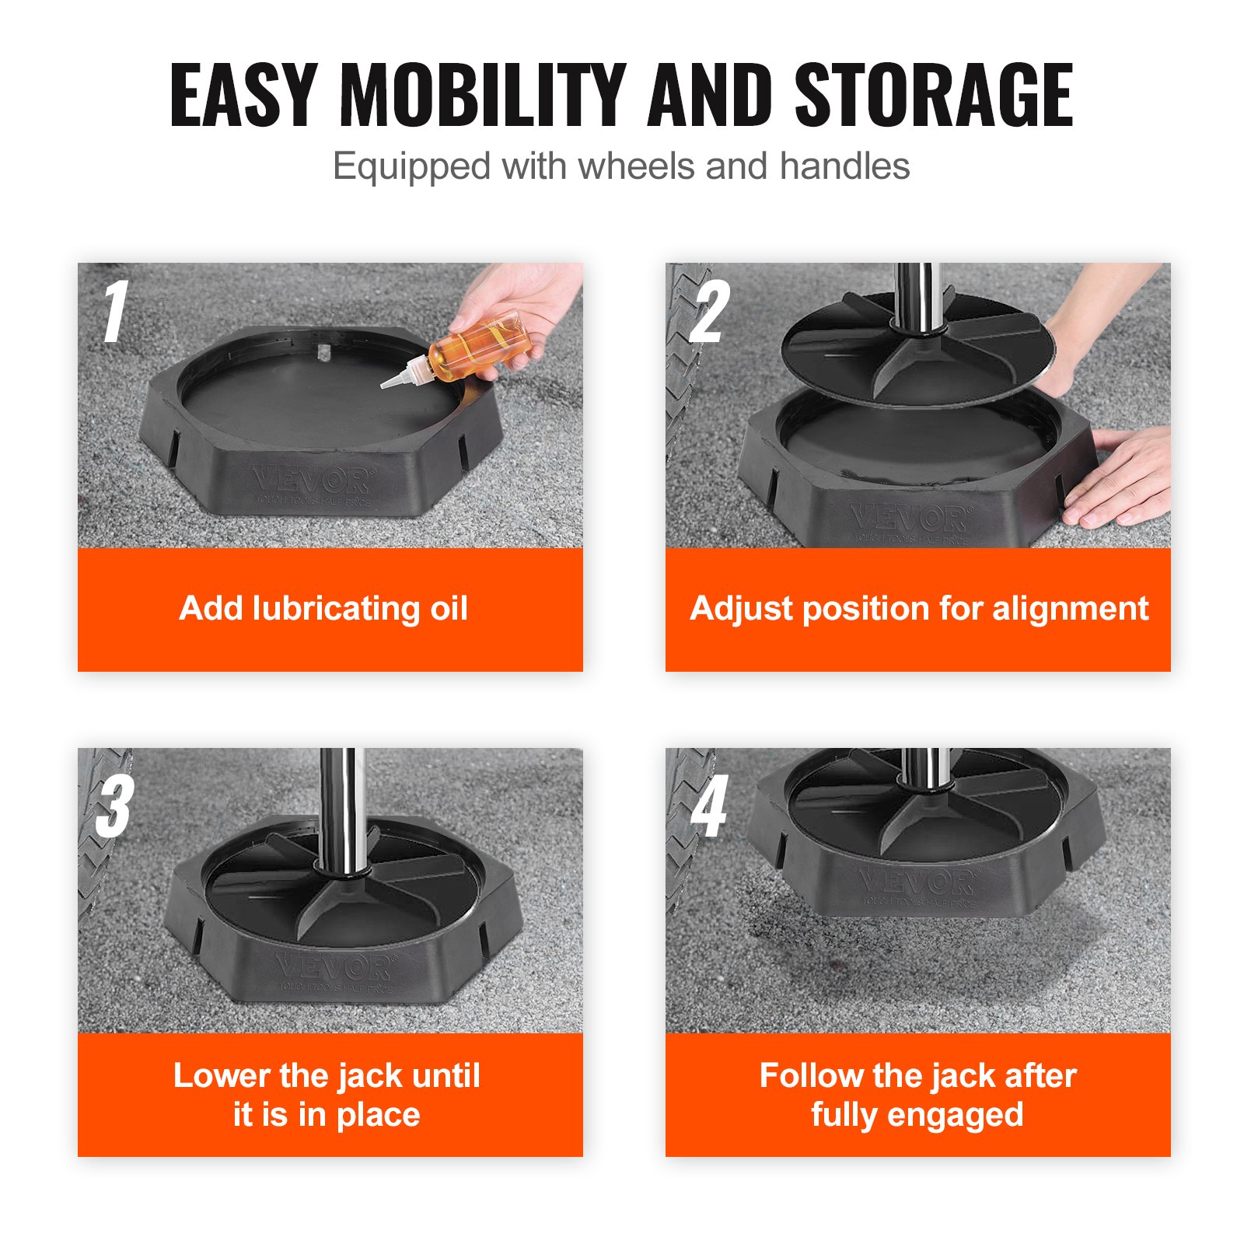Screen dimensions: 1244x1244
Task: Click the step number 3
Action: coord(115,806)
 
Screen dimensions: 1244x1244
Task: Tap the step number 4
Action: coord(709,806)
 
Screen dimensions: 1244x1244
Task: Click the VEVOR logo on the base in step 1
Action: coord(313,480)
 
